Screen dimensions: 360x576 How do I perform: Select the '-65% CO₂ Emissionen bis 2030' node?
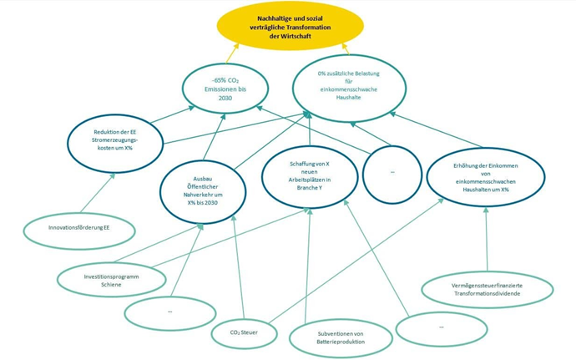(226, 87)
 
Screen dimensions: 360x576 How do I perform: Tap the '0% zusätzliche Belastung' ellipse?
(349, 85)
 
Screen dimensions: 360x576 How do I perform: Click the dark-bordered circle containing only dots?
(392, 173)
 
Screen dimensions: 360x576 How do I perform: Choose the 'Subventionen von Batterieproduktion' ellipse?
(341, 339)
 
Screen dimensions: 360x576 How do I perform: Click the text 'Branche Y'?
(310, 186)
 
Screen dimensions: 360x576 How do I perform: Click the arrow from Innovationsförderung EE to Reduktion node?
(99, 192)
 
